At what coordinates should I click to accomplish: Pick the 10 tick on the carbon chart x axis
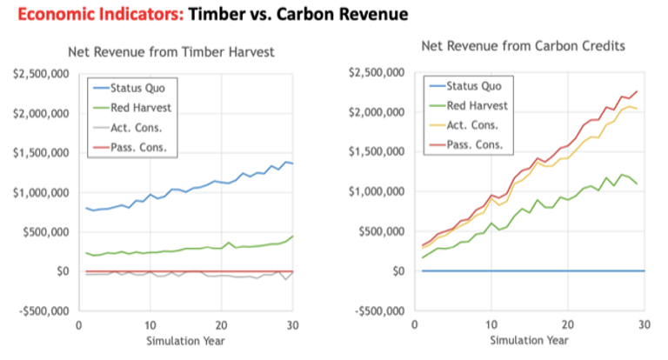(x=491, y=323)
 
